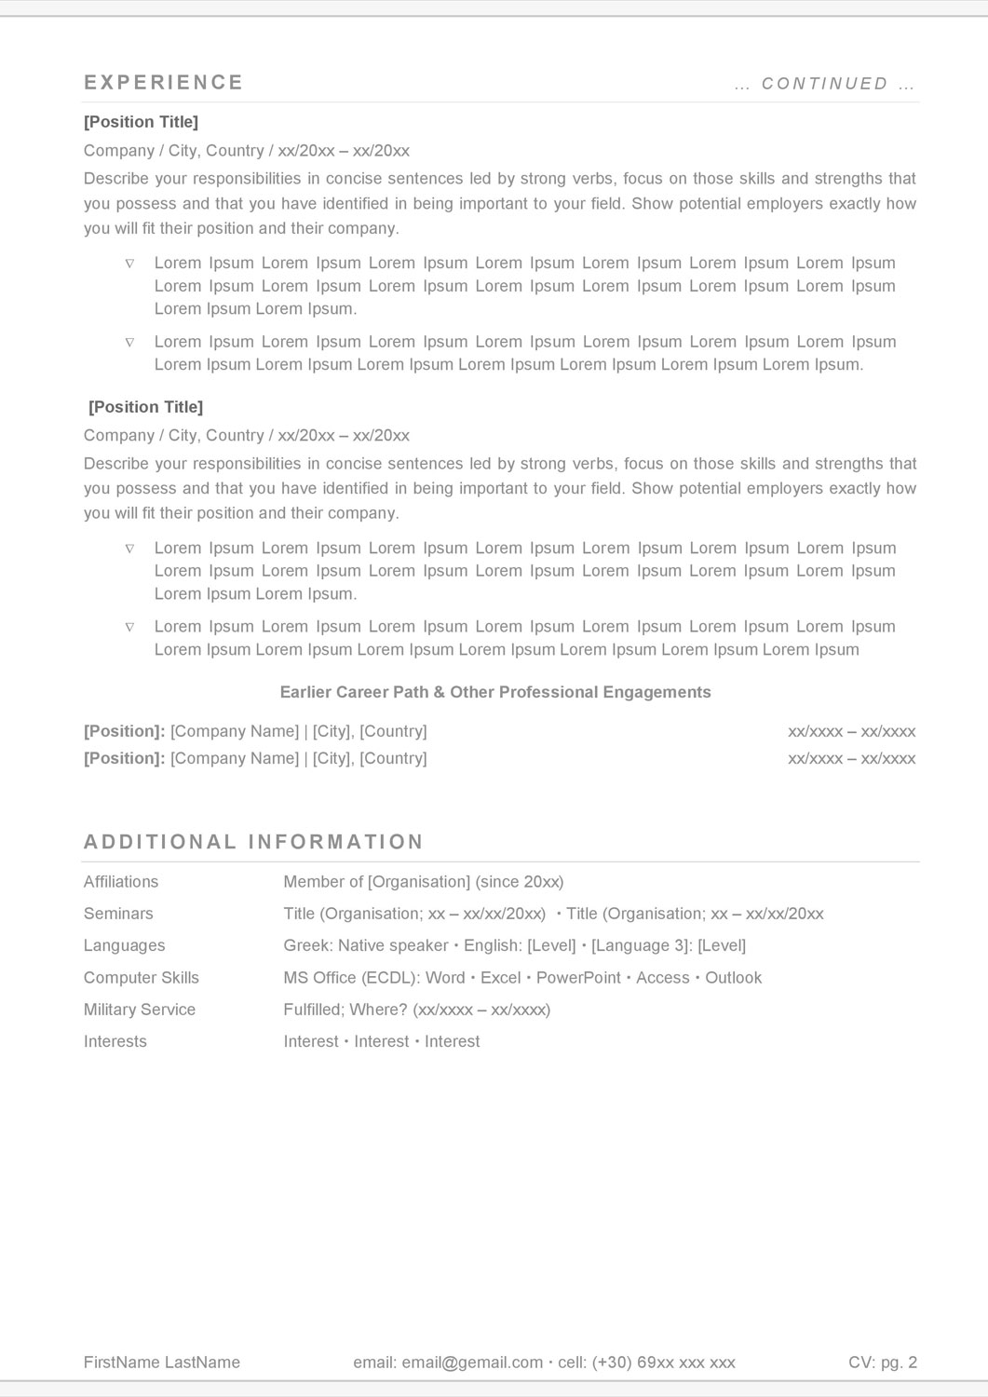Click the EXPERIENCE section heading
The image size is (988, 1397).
[x=164, y=83]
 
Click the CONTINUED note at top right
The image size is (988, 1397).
[x=825, y=84]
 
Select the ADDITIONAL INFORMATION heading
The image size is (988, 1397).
[x=253, y=842]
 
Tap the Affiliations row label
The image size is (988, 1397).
[x=121, y=882]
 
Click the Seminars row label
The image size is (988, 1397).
[x=118, y=914]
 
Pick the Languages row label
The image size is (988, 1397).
[x=124, y=945]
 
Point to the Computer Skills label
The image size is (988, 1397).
[x=142, y=978]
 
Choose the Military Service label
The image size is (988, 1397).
[x=140, y=1010]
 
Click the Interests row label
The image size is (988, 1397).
[x=115, y=1041]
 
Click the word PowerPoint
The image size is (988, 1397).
[x=578, y=978]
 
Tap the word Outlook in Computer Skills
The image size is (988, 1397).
[x=733, y=978]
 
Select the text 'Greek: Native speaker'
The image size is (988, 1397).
[x=366, y=945]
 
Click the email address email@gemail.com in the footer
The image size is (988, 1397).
[x=472, y=1363]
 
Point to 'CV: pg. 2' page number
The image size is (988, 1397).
[x=883, y=1363]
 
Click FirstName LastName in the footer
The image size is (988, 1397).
[x=162, y=1363]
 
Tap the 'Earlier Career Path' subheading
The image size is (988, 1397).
[x=495, y=692]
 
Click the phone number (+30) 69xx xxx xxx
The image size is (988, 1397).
[x=670, y=1363]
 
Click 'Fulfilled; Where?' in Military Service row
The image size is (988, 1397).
[x=345, y=1010]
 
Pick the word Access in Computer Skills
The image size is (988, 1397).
[x=662, y=978]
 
